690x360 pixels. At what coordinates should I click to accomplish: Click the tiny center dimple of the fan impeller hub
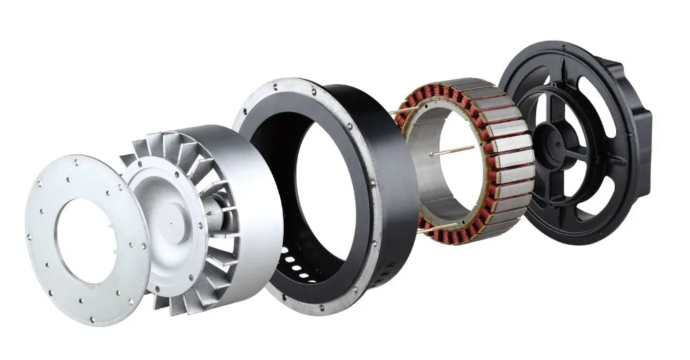(170, 226)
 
